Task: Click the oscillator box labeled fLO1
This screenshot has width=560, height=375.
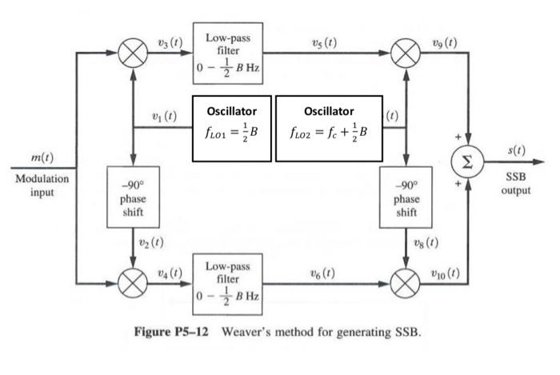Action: pos(232,126)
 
